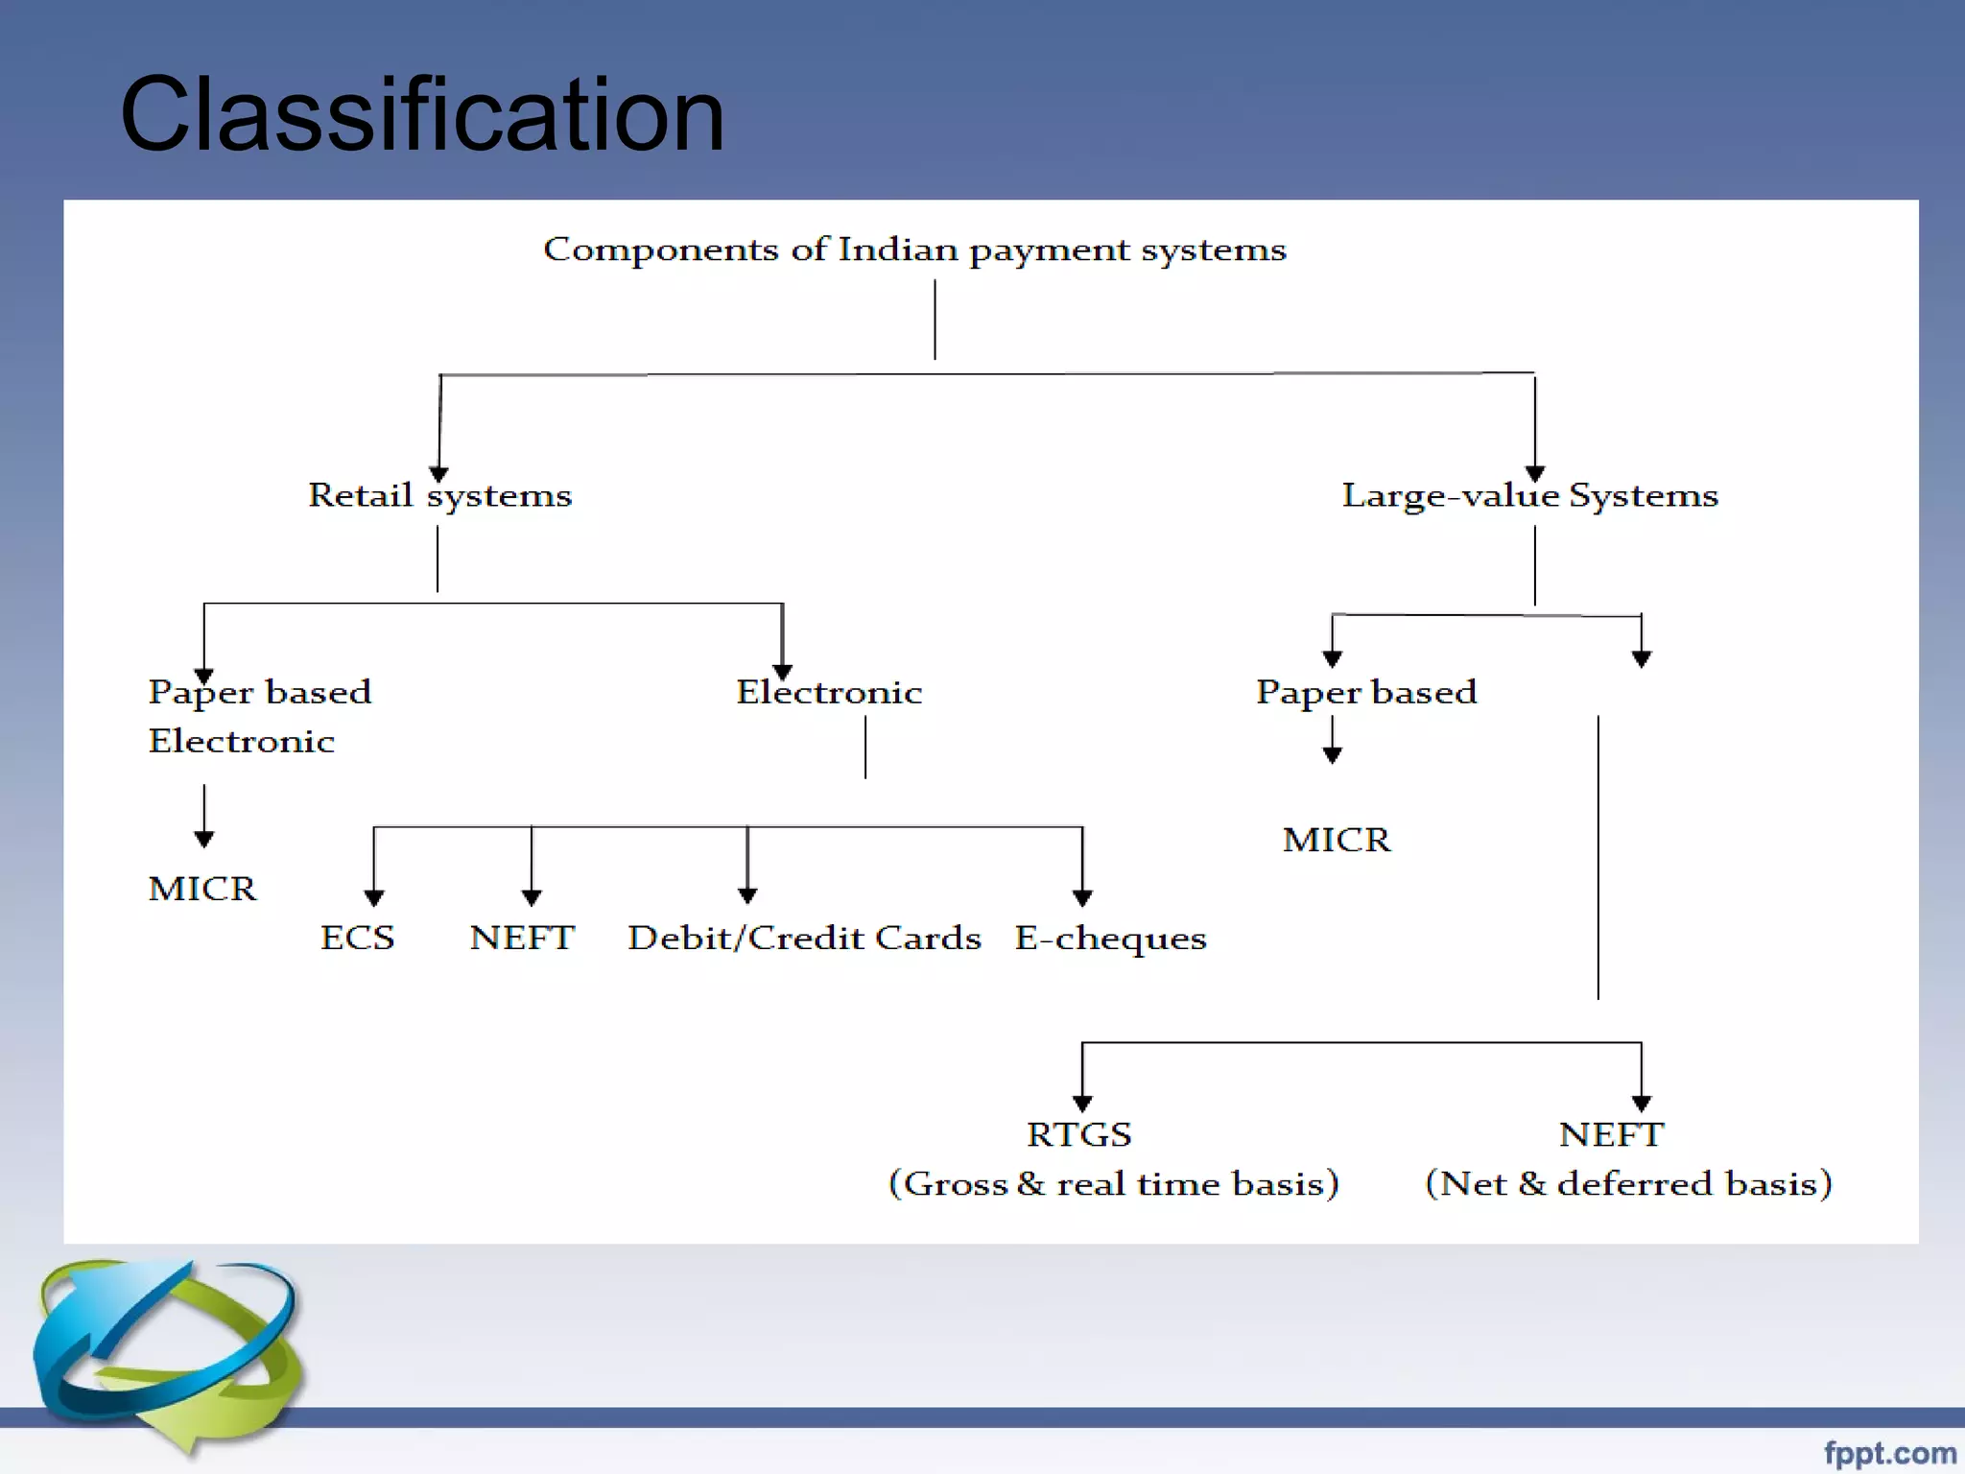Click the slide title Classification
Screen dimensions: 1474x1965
point(422,115)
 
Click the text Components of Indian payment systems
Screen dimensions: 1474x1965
point(914,250)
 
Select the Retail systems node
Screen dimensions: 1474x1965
point(439,495)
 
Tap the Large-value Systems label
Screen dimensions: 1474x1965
point(1529,495)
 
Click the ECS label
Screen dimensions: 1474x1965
point(357,938)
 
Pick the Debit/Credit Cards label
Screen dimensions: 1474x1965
point(804,938)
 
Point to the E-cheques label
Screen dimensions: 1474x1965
point(1110,939)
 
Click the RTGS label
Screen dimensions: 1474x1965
point(1079,1134)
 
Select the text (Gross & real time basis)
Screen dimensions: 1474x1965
point(1113,1183)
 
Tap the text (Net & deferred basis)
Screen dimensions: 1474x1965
point(1628,1183)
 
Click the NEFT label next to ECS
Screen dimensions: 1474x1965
point(522,938)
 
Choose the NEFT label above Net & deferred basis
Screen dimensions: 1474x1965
point(1611,1134)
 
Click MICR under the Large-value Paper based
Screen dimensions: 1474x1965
point(1337,840)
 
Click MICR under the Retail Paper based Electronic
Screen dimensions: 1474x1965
point(202,889)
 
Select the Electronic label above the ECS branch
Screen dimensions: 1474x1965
point(829,692)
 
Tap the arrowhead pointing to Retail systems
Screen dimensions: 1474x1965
point(438,474)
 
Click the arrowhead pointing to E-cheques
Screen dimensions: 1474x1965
point(1082,898)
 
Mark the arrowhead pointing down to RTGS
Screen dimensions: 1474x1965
point(1082,1104)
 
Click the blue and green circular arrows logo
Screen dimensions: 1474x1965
point(168,1353)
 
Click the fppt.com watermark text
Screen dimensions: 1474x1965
point(1889,1453)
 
